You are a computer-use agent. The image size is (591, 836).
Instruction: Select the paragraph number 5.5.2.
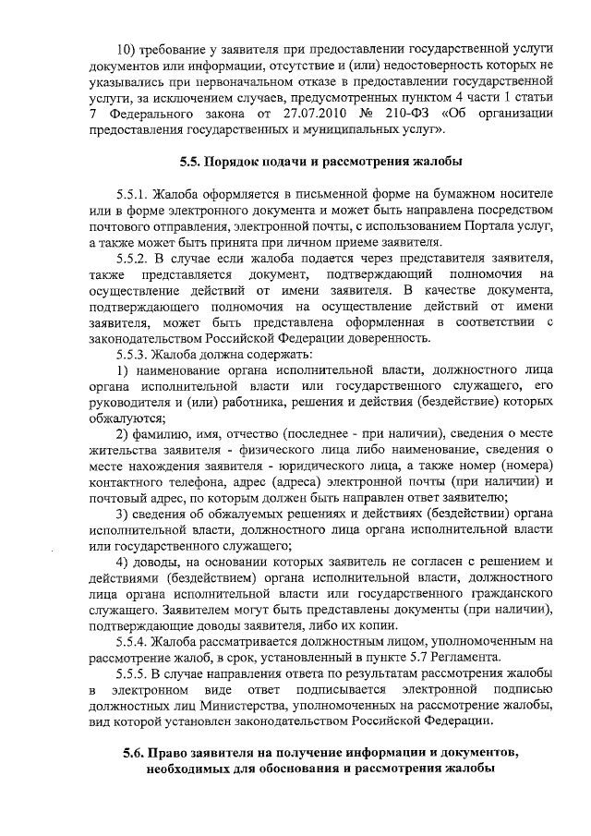(x=135, y=256)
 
